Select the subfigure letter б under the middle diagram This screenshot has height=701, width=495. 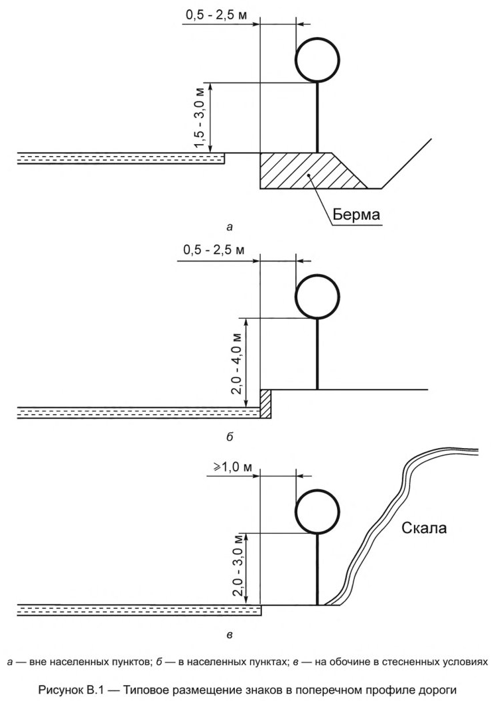click(x=230, y=438)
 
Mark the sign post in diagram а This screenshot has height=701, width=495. click(x=318, y=117)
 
